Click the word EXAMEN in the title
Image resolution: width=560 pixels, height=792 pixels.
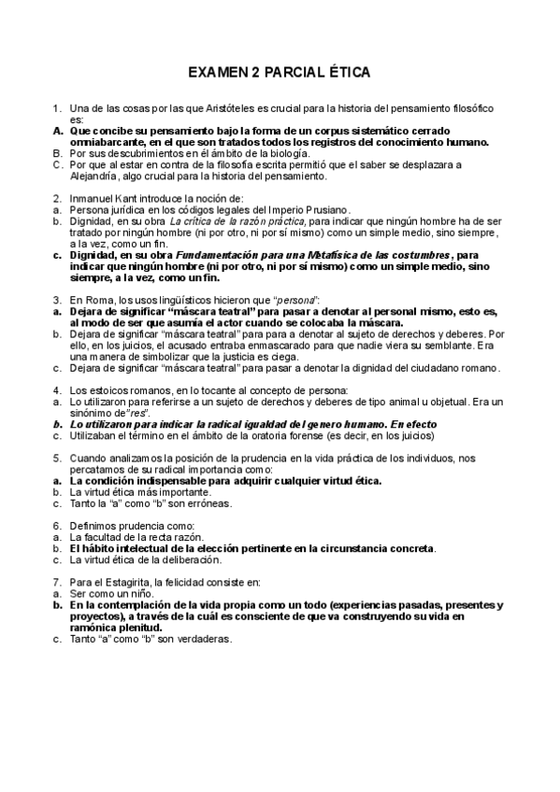(220, 71)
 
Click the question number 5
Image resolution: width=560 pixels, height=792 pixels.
(57, 458)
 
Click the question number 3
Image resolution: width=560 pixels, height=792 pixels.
(57, 298)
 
